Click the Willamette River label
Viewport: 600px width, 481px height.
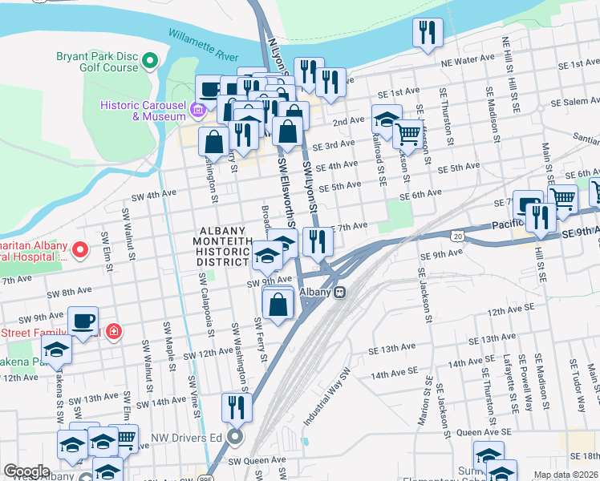click(203, 46)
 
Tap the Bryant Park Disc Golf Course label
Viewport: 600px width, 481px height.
click(97, 63)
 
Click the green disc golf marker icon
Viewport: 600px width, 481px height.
click(150, 60)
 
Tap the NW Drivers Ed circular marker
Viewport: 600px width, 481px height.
click(235, 437)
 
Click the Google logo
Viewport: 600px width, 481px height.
click(27, 471)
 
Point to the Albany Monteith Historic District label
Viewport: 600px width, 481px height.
click(225, 246)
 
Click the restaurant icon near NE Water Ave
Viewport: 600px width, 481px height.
click(426, 33)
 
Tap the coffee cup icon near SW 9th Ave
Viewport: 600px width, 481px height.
click(83, 320)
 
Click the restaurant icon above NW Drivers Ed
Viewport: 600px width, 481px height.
click(237, 406)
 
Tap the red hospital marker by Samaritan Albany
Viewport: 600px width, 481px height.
click(79, 250)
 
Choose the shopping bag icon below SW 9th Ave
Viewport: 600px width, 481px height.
click(278, 305)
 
